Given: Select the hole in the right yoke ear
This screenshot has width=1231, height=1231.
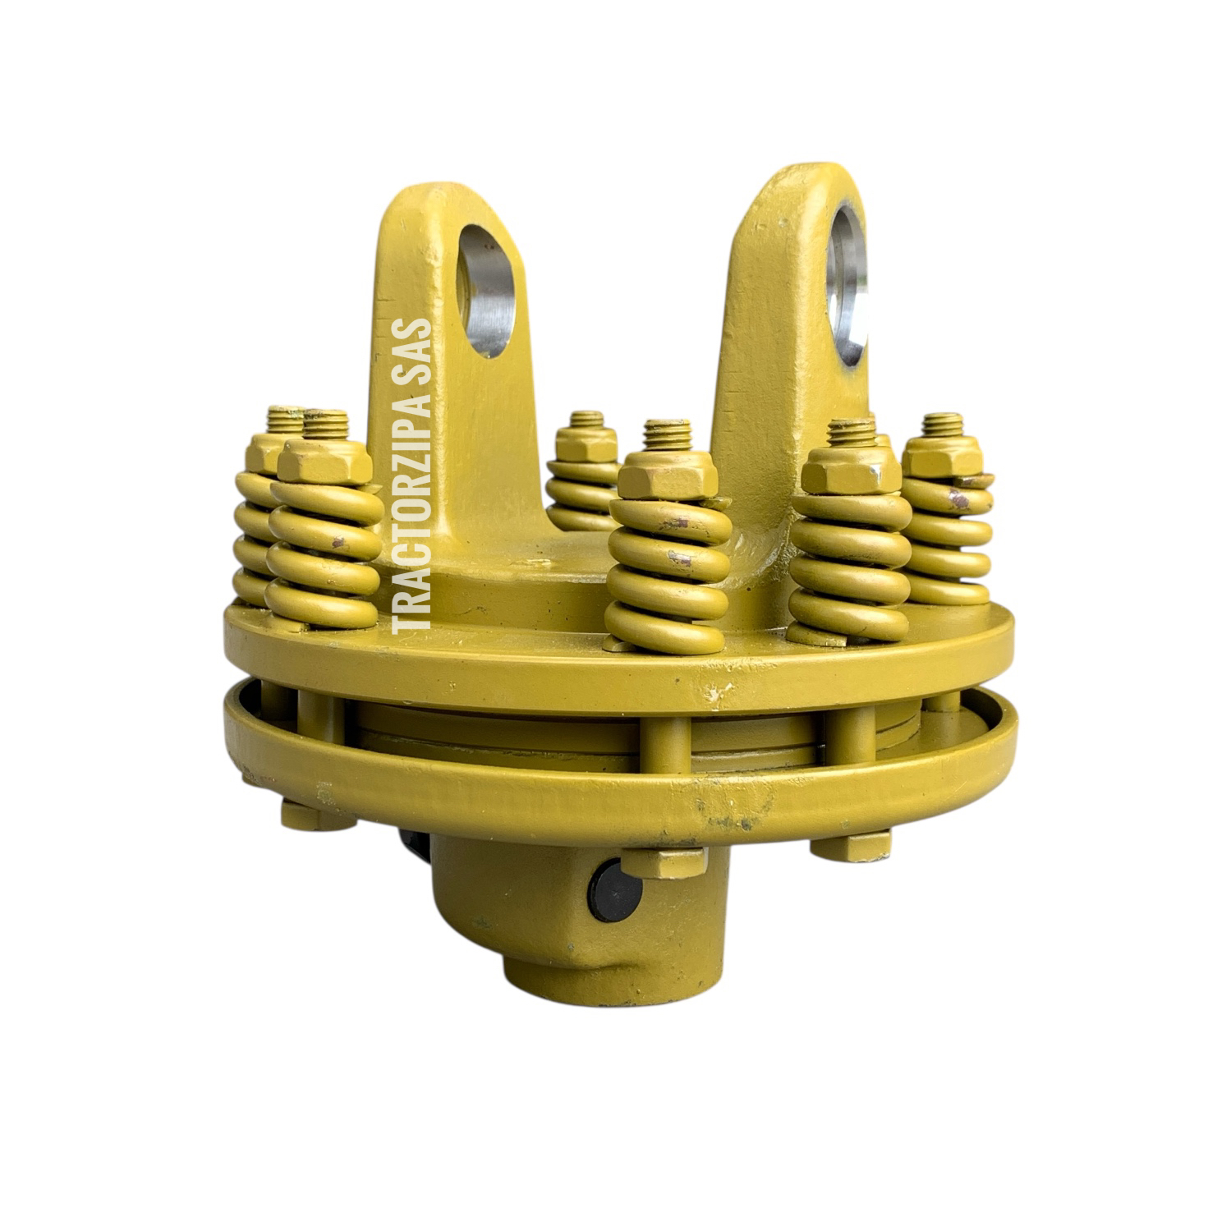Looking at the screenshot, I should pyautogui.click(x=847, y=282).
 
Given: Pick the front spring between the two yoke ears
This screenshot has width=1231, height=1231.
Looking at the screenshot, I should pyautogui.click(x=667, y=575).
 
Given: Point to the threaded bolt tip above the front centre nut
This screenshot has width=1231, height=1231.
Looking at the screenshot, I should pyautogui.click(x=667, y=434).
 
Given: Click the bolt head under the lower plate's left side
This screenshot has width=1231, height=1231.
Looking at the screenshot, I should pyautogui.click(x=317, y=815).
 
